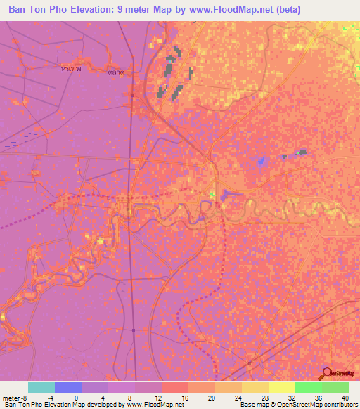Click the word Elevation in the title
click(94, 10)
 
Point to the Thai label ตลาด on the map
click(117, 72)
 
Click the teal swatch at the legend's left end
click(41, 387)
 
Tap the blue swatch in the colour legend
click(68, 387)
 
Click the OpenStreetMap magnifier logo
click(328, 375)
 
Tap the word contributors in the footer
click(339, 405)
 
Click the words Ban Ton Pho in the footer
click(22, 405)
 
